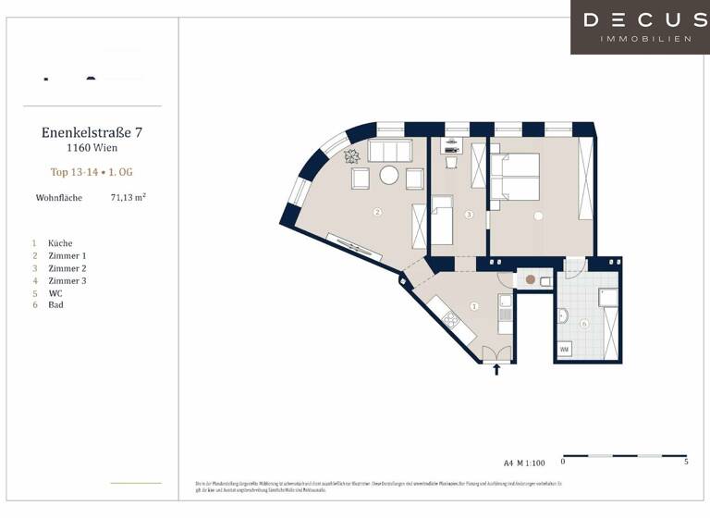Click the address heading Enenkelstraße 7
92,132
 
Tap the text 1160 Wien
92,147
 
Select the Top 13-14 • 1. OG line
92,171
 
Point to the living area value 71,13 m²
129,197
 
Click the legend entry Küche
60,243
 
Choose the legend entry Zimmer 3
67,280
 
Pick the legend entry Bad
55,304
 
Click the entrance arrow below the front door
496,370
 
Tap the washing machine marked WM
564,350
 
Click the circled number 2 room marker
377,212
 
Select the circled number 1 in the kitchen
474,306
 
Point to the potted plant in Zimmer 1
353,156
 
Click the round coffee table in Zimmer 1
390,175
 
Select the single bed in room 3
442,220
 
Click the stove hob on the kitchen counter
451,320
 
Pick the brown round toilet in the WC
530,278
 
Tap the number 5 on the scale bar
685,462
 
